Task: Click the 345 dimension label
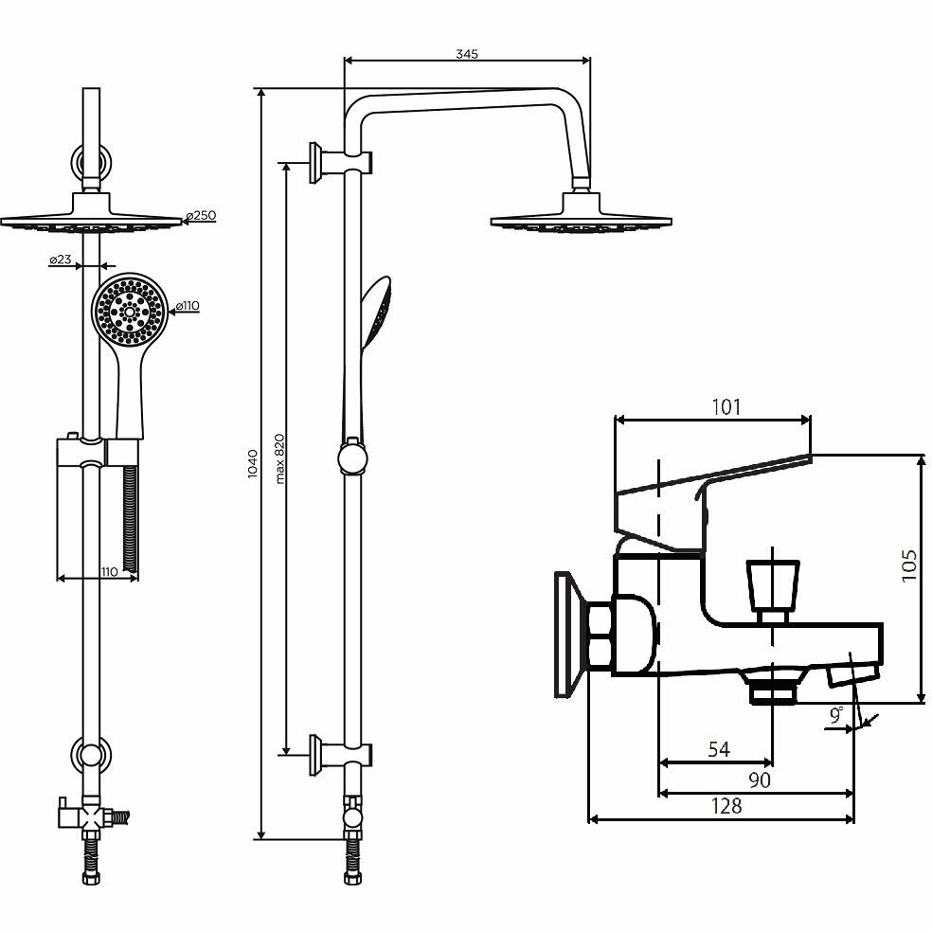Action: pyautogui.click(x=466, y=53)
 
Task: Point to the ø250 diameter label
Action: pyautogui.click(x=202, y=216)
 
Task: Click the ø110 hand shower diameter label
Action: pyautogui.click(x=187, y=305)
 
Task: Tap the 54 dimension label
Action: pyautogui.click(x=719, y=749)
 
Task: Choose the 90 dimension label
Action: pyautogui.click(x=760, y=780)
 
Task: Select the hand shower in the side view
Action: pyautogui.click(x=375, y=313)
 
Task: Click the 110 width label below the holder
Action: pyautogui.click(x=108, y=570)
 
